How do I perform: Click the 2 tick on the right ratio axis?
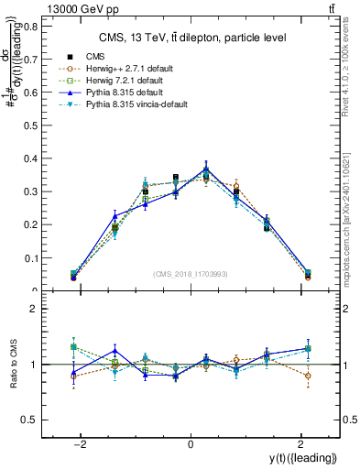tap(345, 310)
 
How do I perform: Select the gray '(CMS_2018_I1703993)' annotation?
tap(190, 274)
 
